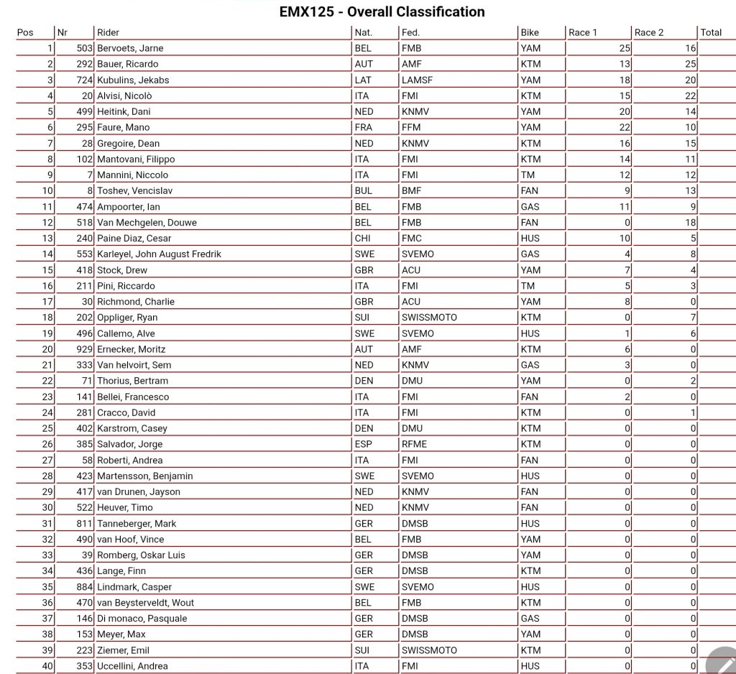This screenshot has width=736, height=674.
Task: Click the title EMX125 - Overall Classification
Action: pos(382,11)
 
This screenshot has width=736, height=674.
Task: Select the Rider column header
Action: pos(108,32)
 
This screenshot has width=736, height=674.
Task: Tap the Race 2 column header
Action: pos(649,32)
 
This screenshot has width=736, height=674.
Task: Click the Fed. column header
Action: pos(410,32)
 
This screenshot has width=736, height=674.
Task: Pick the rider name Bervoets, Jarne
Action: pos(130,48)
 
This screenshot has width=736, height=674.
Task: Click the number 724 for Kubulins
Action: pos(85,80)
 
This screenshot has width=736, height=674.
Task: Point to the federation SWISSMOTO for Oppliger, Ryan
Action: pos(429,318)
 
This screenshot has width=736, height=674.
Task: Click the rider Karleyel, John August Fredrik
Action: pos(159,254)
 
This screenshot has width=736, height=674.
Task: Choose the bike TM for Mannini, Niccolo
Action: pos(527,175)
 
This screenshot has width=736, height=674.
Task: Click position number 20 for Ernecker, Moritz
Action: pos(47,349)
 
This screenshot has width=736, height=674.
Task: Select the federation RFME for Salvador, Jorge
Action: pos(414,444)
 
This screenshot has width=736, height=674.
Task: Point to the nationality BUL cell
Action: pos(363,191)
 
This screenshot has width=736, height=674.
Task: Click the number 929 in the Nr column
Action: pos(85,349)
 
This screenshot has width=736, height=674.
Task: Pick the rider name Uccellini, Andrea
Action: pos(132,666)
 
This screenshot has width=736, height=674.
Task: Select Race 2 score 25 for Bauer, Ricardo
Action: pos(690,64)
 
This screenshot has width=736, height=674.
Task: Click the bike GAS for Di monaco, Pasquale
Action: pos(530,619)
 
